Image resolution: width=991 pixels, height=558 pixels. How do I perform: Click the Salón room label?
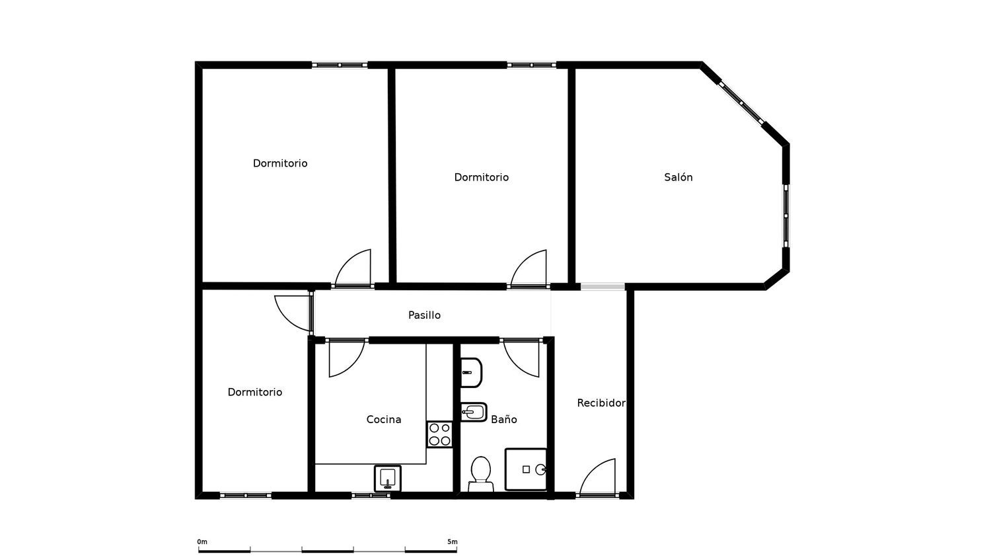pyautogui.click(x=679, y=177)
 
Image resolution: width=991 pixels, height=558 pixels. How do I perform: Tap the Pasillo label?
pyautogui.click(x=424, y=315)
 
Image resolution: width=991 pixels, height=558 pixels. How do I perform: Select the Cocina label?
pyautogui.click(x=384, y=419)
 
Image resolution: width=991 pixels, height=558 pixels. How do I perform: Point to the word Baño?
pyautogui.click(x=504, y=419)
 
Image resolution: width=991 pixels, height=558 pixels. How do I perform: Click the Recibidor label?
pyautogui.click(x=601, y=403)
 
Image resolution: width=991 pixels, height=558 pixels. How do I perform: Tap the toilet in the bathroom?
pyautogui.click(x=481, y=474)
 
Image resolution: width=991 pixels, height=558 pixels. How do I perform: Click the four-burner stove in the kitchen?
pyautogui.click(x=440, y=434)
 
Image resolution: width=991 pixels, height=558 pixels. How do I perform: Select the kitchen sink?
pyautogui.click(x=388, y=478)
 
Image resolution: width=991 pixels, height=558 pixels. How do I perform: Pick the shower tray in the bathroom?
pyautogui.click(x=526, y=469)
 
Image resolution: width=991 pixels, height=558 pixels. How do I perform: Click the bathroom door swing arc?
pyautogui.click(x=517, y=364)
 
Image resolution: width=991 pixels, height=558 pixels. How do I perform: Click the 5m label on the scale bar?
pyautogui.click(x=452, y=541)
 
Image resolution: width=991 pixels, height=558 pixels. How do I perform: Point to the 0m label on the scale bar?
pyautogui.click(x=202, y=541)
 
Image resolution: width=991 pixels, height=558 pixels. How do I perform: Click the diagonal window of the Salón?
pyautogui.click(x=741, y=102)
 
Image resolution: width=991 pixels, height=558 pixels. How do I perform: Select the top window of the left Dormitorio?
pyautogui.click(x=340, y=65)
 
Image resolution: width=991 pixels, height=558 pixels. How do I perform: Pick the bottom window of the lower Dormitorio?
pyautogui.click(x=246, y=496)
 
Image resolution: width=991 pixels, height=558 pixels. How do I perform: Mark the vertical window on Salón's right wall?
pyautogui.click(x=786, y=216)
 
